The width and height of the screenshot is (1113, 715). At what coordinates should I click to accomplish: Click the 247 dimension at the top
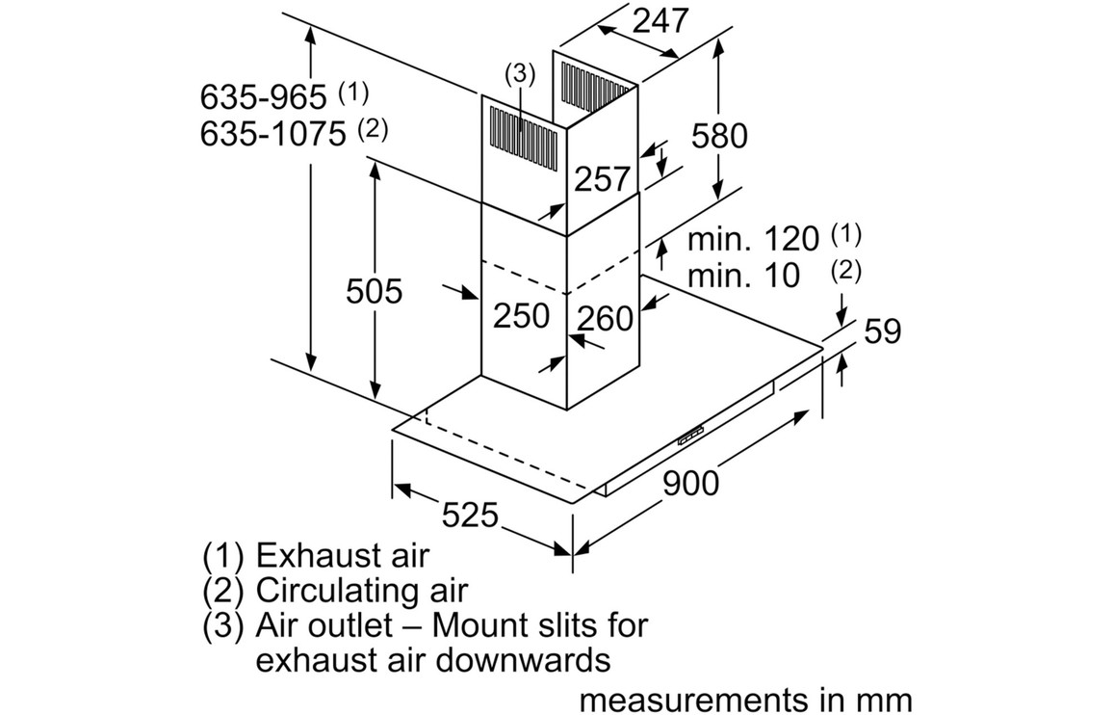tap(661, 20)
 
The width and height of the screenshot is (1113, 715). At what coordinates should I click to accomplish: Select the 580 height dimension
tap(719, 137)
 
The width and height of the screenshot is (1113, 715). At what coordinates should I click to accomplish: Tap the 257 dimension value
tap(602, 178)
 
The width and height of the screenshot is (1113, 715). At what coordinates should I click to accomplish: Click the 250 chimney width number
tap(521, 315)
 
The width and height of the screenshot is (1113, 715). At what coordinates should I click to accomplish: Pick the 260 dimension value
tap(606, 318)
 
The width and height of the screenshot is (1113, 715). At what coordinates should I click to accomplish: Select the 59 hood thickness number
tap(882, 331)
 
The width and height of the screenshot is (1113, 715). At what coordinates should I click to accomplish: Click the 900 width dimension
tap(690, 483)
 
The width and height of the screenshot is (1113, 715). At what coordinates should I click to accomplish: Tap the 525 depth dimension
tap(471, 516)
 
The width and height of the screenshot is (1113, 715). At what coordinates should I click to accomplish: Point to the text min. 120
tap(752, 239)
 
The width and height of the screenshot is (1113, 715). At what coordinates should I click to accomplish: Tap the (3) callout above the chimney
tap(518, 73)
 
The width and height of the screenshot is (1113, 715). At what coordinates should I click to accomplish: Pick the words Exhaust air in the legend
tap(342, 555)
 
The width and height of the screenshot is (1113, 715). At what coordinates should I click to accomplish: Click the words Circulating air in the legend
tap(362, 590)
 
